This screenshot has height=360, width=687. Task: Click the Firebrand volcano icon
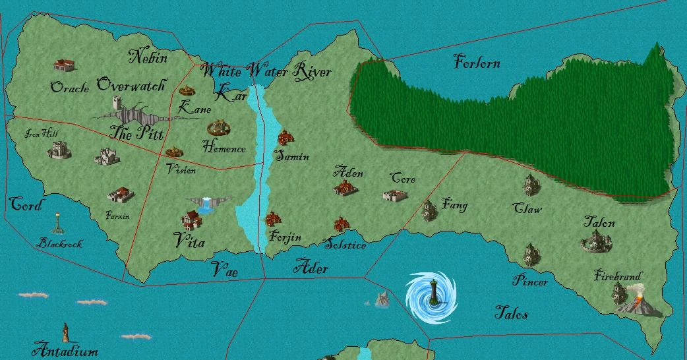tap(636, 304)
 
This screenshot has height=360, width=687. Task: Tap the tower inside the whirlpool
tap(433, 291)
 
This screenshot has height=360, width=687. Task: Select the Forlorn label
tap(477, 63)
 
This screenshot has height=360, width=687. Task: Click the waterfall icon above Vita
tap(206, 204)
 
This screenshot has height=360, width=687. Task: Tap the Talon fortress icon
tap(597, 243)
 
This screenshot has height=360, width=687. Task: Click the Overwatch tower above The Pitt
tap(117, 104)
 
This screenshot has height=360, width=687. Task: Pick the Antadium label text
tap(65, 349)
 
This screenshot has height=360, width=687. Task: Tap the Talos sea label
tap(511, 313)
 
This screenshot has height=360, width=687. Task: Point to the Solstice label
tap(345, 245)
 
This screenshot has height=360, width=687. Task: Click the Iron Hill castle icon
tap(58, 151)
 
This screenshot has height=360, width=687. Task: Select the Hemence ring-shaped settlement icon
tap(218, 127)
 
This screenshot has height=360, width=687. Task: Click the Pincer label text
tap(530, 282)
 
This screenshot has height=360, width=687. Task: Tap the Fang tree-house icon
tap(430, 210)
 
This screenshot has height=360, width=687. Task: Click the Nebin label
tap(148, 56)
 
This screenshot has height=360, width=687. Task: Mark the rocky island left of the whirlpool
tap(382, 299)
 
